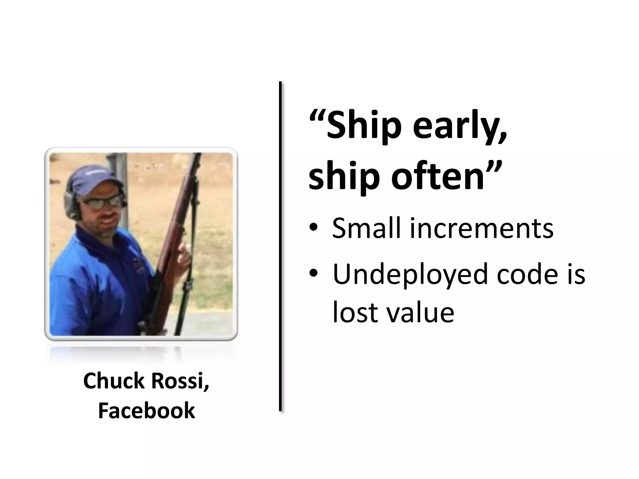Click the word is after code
(x=575, y=274)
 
